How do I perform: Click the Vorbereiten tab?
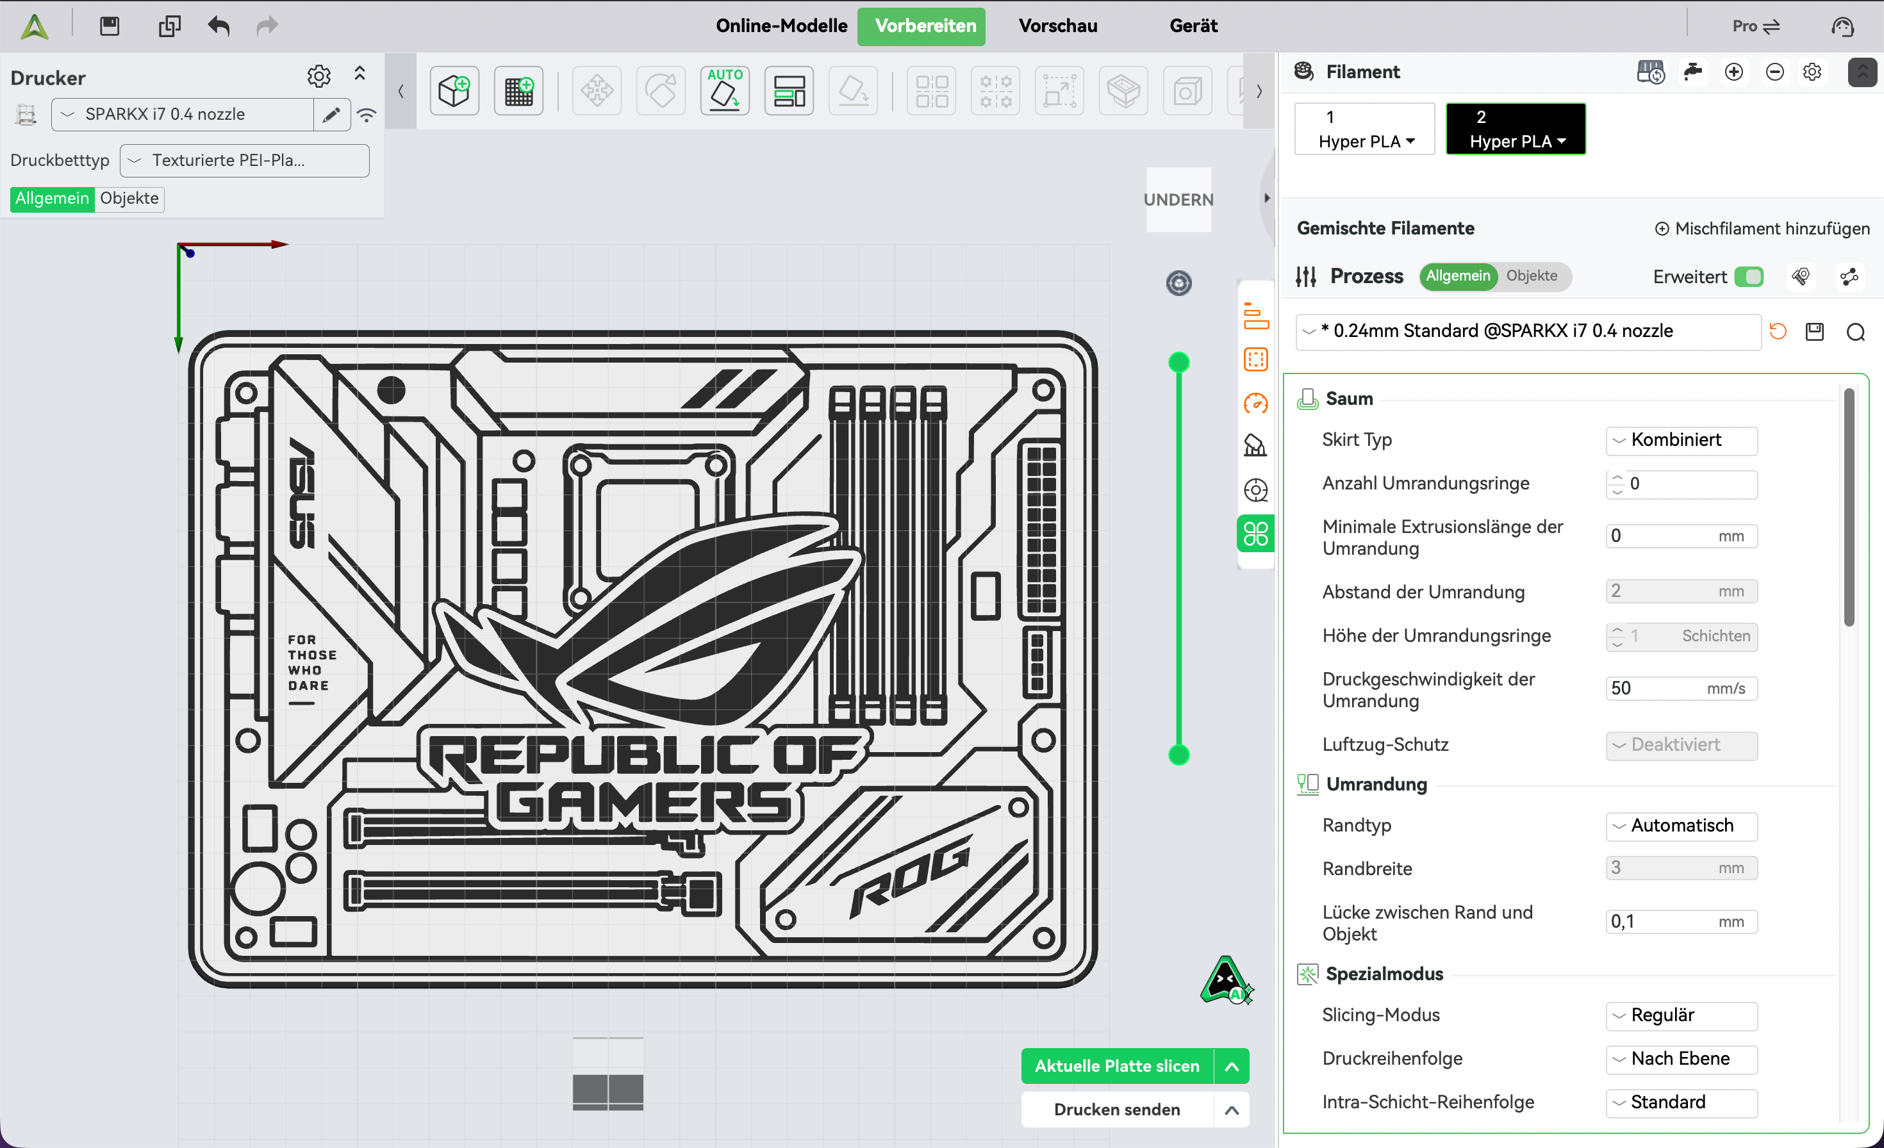pos(925,26)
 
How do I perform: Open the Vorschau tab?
pos(1057,26)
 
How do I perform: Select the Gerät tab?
pos(1193,26)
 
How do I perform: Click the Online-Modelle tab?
pos(781,26)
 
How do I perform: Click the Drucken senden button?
pos(1116,1109)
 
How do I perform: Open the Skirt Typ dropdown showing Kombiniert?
pos(1682,440)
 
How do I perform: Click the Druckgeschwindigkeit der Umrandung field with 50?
pos(1682,689)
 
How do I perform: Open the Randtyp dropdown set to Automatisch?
pos(1682,826)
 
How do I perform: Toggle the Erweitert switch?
pos(1749,277)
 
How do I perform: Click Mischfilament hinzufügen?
pos(1762,229)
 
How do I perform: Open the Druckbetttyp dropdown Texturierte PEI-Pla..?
pos(245,161)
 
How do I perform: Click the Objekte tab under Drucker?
pos(129,199)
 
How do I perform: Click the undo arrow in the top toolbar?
pos(219,26)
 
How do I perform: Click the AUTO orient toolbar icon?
pos(724,91)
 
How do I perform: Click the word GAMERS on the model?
pos(644,803)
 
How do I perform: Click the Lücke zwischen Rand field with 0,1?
pos(1682,922)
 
